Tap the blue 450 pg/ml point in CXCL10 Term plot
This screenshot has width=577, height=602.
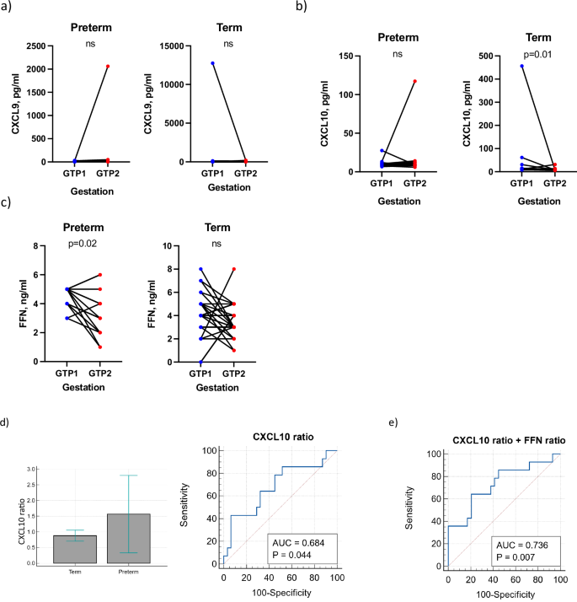click(x=499, y=66)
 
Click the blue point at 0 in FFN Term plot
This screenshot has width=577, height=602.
click(x=200, y=362)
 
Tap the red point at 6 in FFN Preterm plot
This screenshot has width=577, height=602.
click(x=99, y=275)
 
